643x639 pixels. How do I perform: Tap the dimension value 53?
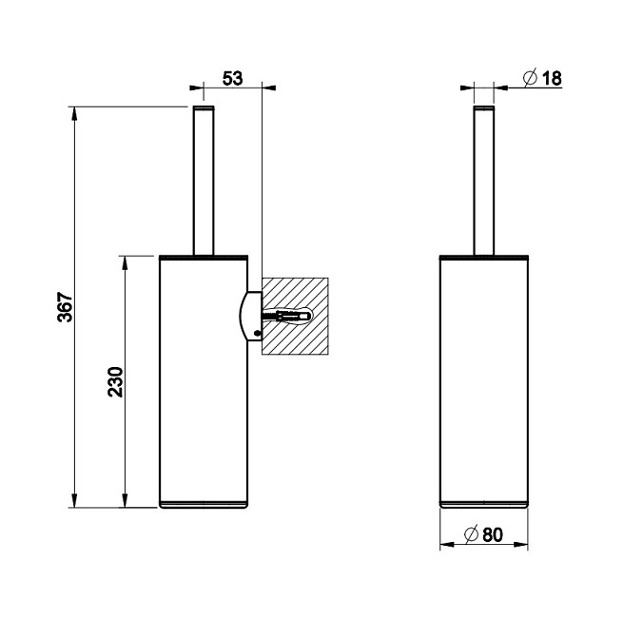(x=231, y=78)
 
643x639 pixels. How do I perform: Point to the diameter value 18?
(x=550, y=78)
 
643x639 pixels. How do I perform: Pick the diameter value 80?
(x=492, y=534)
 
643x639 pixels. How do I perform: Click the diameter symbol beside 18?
(x=529, y=78)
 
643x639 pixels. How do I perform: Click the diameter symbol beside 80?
(x=470, y=534)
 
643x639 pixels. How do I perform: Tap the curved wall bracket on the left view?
(x=250, y=314)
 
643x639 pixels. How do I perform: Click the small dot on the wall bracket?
(x=255, y=332)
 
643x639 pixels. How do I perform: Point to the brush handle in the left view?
(x=205, y=181)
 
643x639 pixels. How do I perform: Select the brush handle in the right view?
(x=485, y=181)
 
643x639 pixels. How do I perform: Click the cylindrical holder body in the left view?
(x=202, y=380)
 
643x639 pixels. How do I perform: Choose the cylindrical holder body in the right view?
(x=483, y=380)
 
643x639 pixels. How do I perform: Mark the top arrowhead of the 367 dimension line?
(x=75, y=112)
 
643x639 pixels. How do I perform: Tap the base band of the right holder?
(x=483, y=502)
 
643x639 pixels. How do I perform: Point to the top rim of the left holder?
(x=205, y=257)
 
